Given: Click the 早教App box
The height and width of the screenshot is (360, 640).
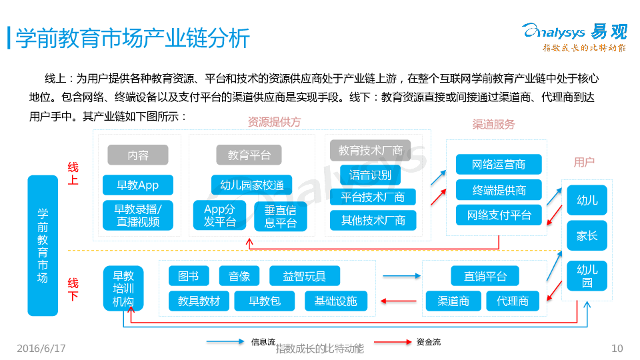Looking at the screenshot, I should [x=138, y=185].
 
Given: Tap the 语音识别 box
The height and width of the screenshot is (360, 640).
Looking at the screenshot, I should [x=370, y=175].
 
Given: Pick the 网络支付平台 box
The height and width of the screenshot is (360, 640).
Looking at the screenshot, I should [x=499, y=215].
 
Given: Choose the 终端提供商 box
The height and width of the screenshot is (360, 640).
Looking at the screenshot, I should [x=499, y=190].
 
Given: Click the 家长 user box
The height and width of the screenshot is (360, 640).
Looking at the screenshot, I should [x=587, y=235].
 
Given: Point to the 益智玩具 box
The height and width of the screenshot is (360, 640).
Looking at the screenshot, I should [x=304, y=276].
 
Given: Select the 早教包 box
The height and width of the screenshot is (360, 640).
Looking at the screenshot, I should [x=265, y=301].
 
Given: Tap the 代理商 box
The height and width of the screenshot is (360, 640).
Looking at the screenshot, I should [x=512, y=301].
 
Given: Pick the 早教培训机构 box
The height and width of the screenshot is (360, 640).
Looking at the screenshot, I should [x=123, y=288].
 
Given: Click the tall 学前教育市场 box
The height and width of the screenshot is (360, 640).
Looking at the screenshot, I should [x=43, y=245].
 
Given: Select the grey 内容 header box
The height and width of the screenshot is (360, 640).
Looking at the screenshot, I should [x=138, y=155].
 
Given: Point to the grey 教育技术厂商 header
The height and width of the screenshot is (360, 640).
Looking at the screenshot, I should [x=370, y=151].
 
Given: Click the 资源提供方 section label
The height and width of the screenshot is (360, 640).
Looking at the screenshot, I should [x=274, y=122].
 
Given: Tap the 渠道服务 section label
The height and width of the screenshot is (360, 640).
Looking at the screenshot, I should [x=493, y=125].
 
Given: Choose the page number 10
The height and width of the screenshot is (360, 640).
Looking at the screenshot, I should [x=617, y=348].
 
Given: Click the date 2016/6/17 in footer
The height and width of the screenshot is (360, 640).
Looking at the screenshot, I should [x=41, y=348].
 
